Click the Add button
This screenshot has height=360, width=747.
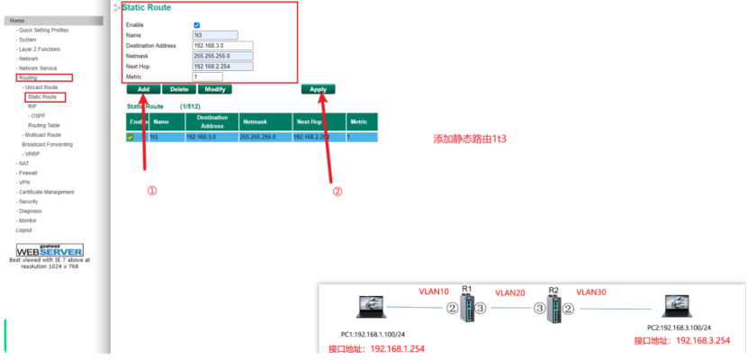pyautogui.click(x=143, y=89)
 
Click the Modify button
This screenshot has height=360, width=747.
pyautogui.click(x=214, y=89)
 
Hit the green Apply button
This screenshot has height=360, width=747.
pyautogui.click(x=319, y=89)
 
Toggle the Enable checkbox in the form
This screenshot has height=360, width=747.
pyautogui.click(x=197, y=25)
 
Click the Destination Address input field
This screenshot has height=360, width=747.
pyautogui.click(x=222, y=45)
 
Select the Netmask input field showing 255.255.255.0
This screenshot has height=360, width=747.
pyautogui.click(x=222, y=56)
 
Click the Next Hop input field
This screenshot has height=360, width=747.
pyautogui.click(x=222, y=66)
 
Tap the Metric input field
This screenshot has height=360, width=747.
pyautogui.click(x=207, y=76)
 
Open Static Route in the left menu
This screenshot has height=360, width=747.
pyautogui.click(x=42, y=96)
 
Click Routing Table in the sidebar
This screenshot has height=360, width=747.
pyautogui.click(x=44, y=125)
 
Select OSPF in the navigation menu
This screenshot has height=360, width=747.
pyautogui.click(x=38, y=115)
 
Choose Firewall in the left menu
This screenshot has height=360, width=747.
pyautogui.click(x=27, y=173)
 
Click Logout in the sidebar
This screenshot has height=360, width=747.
pyautogui.click(x=23, y=229)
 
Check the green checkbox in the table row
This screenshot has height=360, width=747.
pyautogui.click(x=131, y=138)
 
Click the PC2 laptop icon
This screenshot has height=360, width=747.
pyautogui.click(x=675, y=308)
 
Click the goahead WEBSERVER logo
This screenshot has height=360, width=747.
pyautogui.click(x=49, y=249)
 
